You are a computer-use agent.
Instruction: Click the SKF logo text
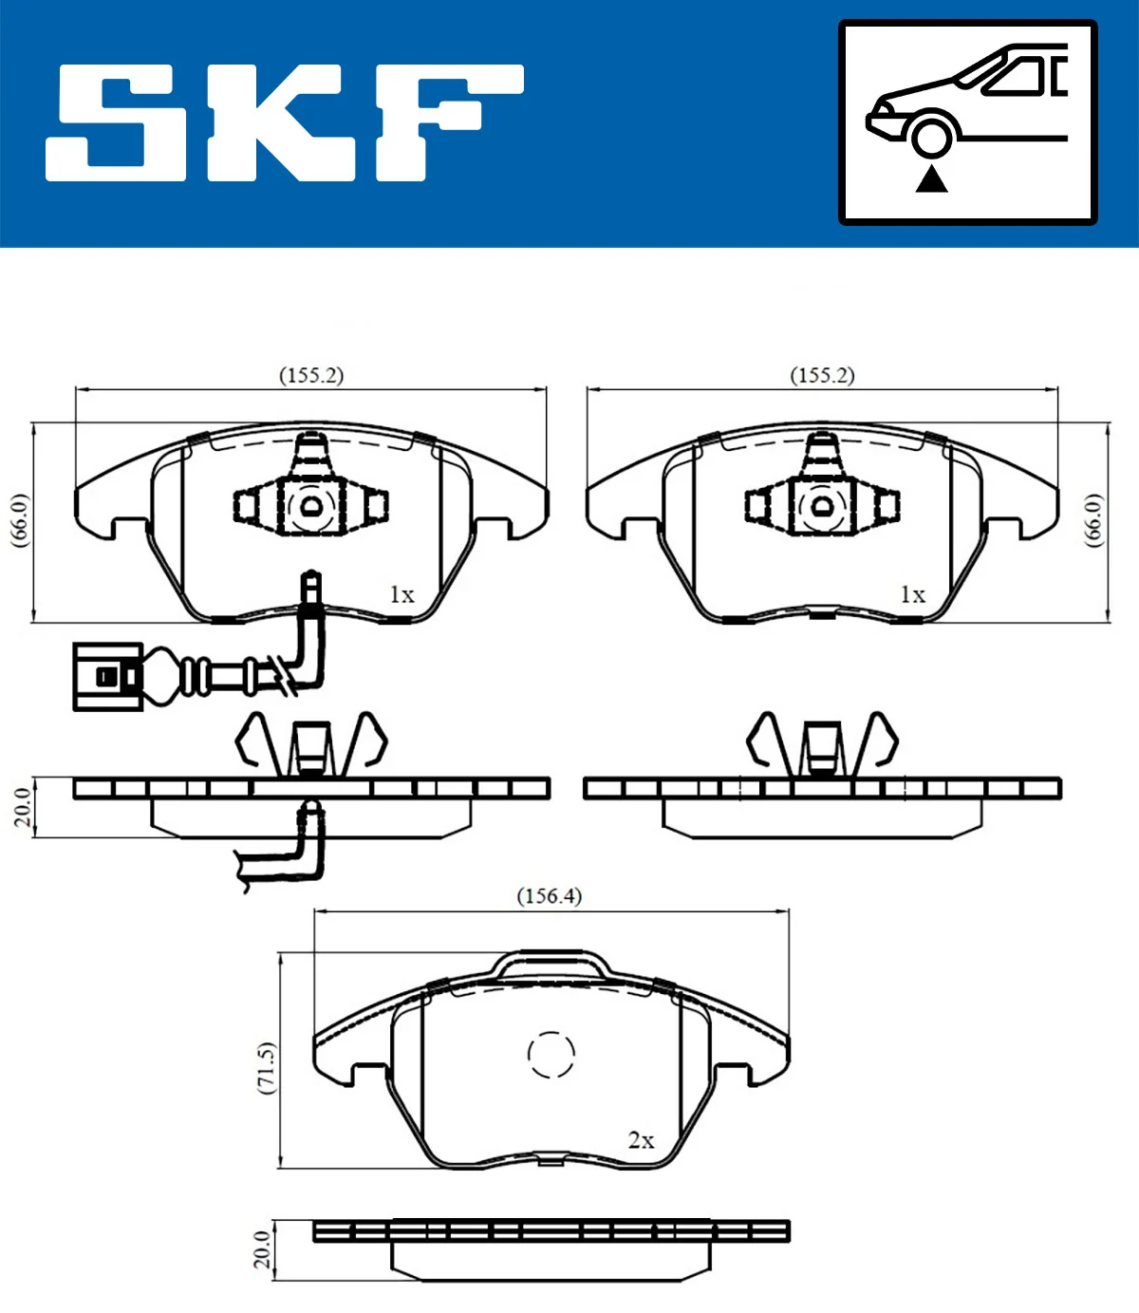pos(285,122)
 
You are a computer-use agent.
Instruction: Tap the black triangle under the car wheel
pos(931,178)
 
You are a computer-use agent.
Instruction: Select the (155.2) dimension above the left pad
pos(311,375)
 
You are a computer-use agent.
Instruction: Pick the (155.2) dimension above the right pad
pos(822,375)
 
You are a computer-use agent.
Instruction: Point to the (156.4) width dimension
pos(549,895)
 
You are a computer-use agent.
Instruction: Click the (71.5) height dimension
pos(267,1067)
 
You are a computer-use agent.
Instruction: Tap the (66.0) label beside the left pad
pos(20,519)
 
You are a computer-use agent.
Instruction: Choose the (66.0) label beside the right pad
pos(1093,519)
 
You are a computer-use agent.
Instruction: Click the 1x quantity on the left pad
pos(401,595)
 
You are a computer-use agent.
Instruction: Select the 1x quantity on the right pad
pos(912,595)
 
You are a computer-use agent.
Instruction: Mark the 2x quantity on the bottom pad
pos(641,1140)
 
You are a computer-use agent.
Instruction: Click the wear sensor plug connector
pos(108,676)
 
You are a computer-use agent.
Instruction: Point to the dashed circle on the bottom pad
pos(551,1054)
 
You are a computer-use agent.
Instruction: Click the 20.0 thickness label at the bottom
pos(262,1249)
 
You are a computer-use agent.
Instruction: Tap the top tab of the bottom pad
pos(551,963)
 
